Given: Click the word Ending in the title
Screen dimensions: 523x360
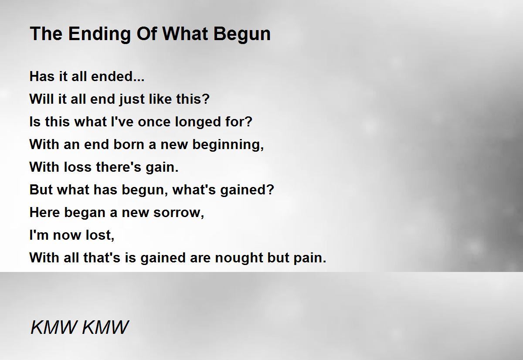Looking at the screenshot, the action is (x=99, y=34).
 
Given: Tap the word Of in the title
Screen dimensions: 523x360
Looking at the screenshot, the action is (x=146, y=34).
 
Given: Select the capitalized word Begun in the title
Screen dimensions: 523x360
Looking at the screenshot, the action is (x=242, y=34).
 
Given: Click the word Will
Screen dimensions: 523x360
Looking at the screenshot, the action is (x=41, y=99).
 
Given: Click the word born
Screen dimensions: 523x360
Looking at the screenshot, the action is (x=128, y=144).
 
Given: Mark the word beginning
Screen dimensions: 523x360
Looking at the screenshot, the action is (x=228, y=145).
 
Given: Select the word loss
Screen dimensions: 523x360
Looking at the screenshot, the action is (x=78, y=166).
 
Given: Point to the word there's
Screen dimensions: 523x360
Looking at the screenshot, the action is (x=119, y=166).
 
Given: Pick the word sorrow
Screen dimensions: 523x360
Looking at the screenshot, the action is (x=179, y=213).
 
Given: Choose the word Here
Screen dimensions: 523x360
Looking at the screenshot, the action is (x=44, y=212).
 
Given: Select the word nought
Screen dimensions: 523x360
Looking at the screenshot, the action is (x=239, y=258).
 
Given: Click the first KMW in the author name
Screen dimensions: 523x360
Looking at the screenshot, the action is (x=54, y=327).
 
